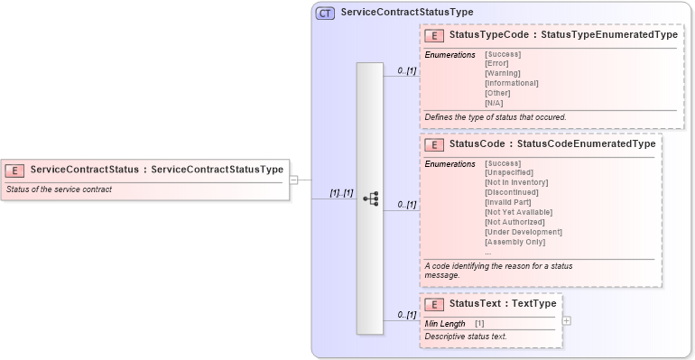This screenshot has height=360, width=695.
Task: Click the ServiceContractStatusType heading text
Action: [x=406, y=13]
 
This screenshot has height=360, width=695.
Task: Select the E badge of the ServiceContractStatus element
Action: [x=14, y=170]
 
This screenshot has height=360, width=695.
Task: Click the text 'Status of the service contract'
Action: [x=59, y=189]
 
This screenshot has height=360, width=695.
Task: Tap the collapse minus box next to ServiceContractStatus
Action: [x=294, y=180]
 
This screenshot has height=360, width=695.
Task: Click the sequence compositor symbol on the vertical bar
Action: [x=370, y=199]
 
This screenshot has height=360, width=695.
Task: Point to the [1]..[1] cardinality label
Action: [x=340, y=193]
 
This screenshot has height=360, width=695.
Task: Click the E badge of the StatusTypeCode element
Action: [x=434, y=36]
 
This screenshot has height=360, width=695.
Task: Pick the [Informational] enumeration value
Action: [x=512, y=83]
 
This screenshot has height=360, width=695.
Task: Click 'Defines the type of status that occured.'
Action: [x=496, y=117]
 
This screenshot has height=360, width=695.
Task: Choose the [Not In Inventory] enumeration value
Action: [x=516, y=182]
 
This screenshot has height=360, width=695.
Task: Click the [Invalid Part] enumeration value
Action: [x=508, y=202]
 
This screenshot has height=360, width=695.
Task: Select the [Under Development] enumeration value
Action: [x=524, y=232]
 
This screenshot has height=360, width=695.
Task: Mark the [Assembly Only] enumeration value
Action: [x=515, y=242]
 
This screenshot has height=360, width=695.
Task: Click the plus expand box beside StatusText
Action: [x=566, y=320]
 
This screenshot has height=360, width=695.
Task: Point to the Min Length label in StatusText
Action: [x=445, y=323]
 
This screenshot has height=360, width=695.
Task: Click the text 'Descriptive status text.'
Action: [x=466, y=337]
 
